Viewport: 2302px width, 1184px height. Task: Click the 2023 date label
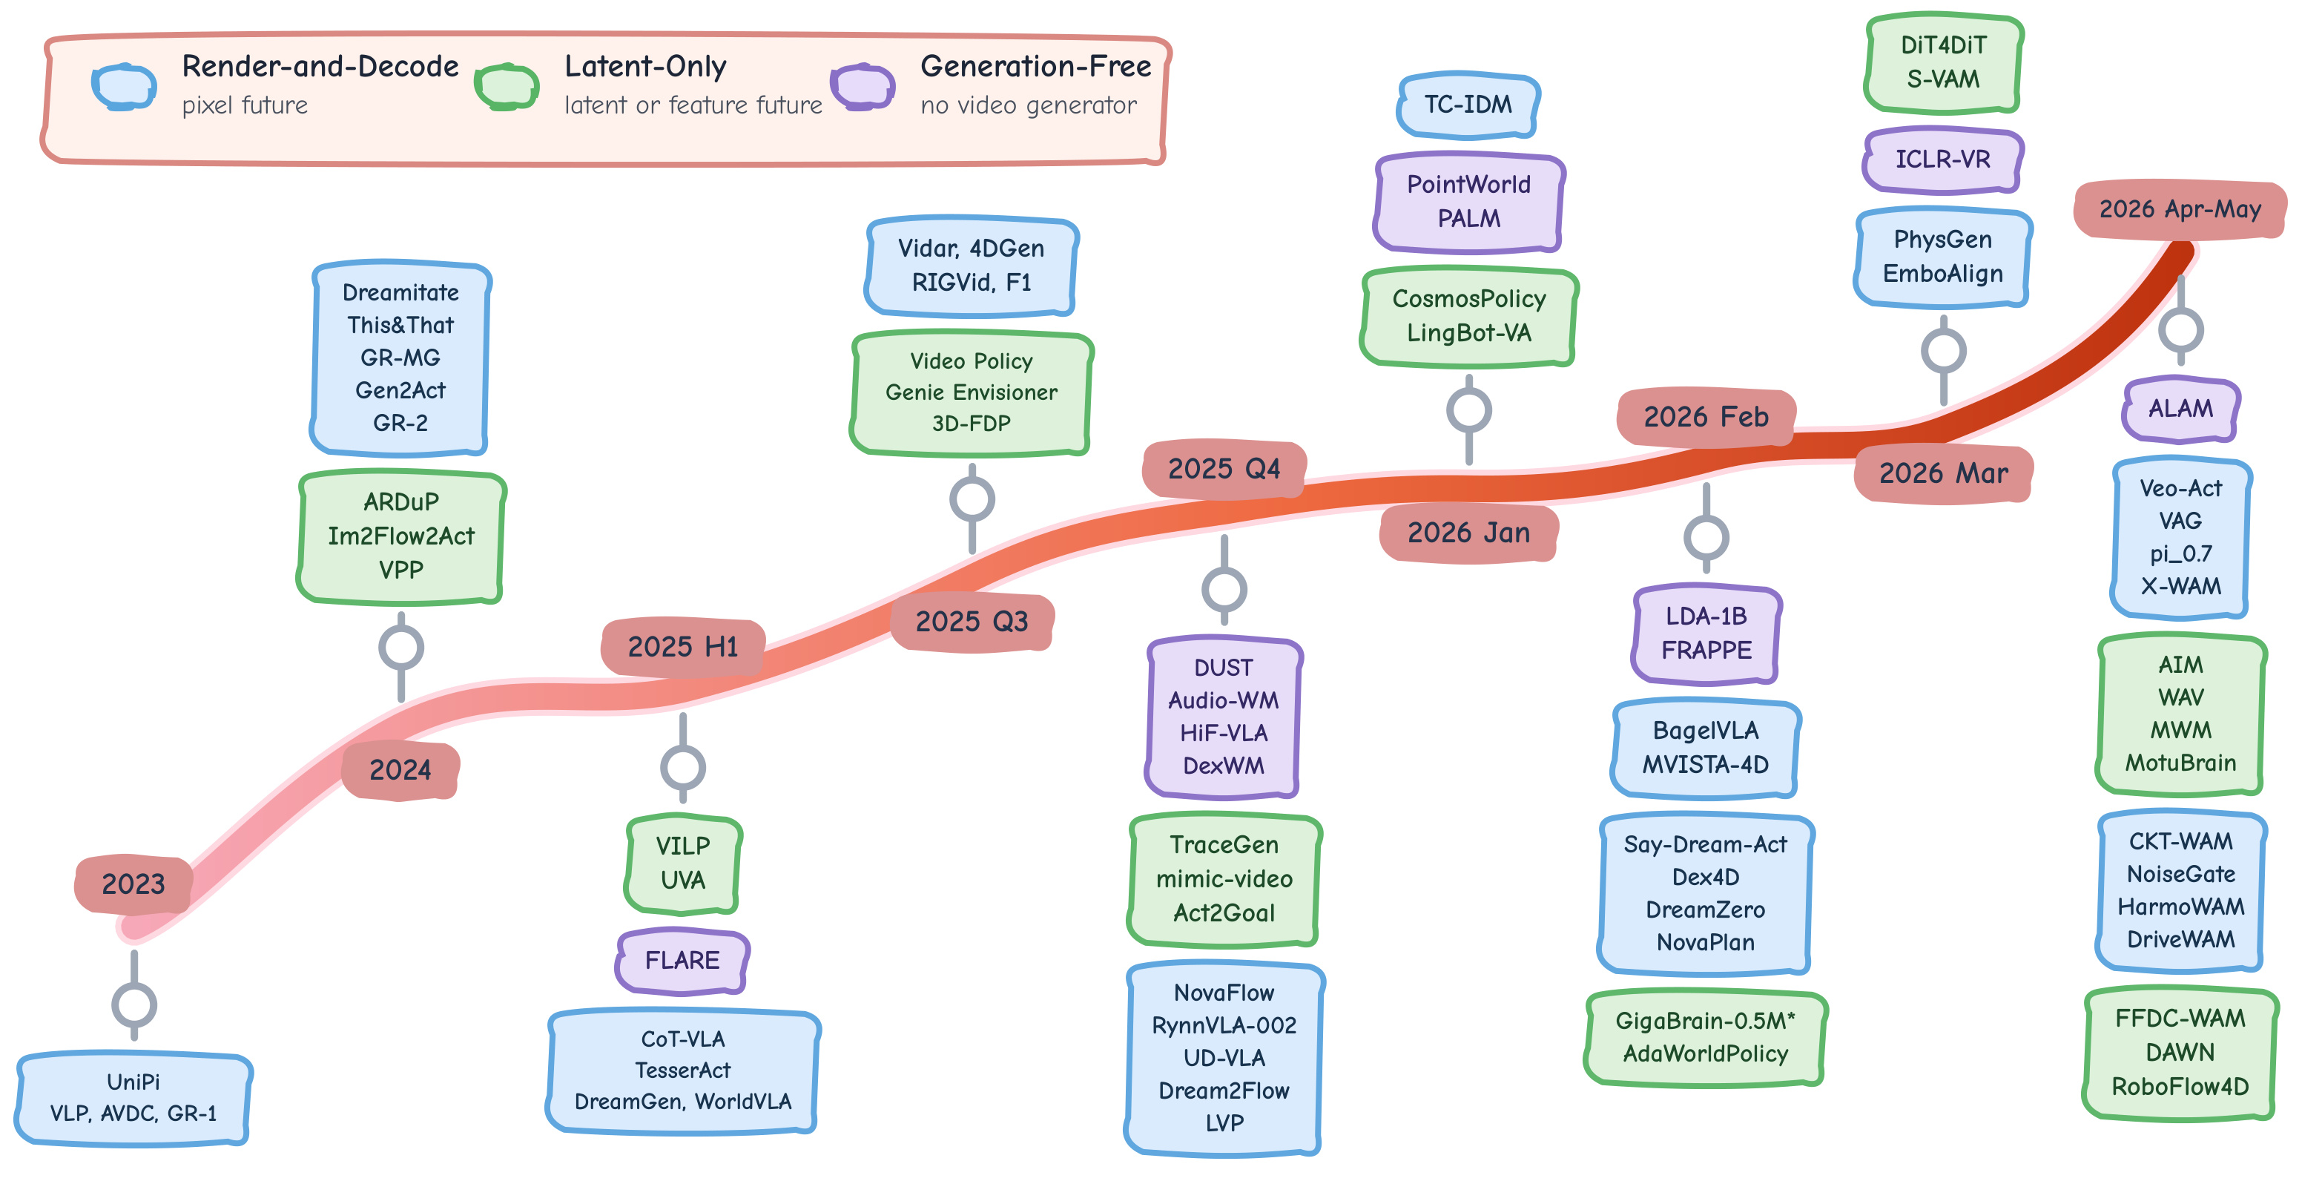pyautogui.click(x=133, y=884)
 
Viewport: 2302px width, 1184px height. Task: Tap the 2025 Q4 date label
pyautogui.click(x=1224, y=468)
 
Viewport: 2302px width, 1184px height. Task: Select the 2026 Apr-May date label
pyautogui.click(x=2180, y=209)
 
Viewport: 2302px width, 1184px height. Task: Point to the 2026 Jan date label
pyautogui.click(x=1468, y=533)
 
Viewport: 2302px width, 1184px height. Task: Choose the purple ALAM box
pyautogui.click(x=2180, y=408)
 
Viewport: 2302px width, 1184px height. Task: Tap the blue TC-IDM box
pyautogui.click(x=1468, y=105)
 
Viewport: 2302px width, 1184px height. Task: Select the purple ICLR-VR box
pyautogui.click(x=1943, y=159)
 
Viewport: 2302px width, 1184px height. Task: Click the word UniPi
pyautogui.click(x=133, y=1082)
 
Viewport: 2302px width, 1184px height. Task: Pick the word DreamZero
pyautogui.click(x=1705, y=910)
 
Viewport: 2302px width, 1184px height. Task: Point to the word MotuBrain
pyautogui.click(x=2180, y=763)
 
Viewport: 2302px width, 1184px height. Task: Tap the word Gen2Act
pyautogui.click(x=400, y=390)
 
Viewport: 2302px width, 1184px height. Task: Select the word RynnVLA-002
pyautogui.click(x=1224, y=1026)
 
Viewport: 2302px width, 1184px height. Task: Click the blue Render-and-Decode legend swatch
pyautogui.click(x=124, y=87)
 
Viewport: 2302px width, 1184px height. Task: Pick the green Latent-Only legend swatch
pyautogui.click(x=507, y=87)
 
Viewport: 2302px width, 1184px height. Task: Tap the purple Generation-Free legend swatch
pyautogui.click(x=863, y=87)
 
